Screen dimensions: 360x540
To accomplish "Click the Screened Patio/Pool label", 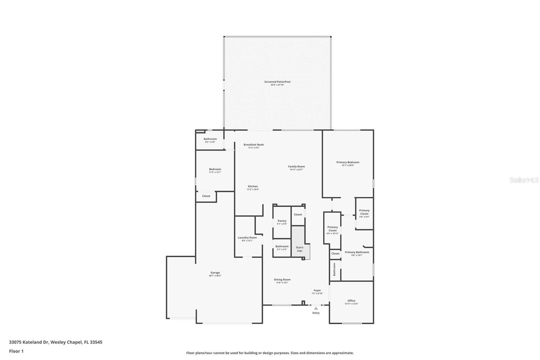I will pos(277,82).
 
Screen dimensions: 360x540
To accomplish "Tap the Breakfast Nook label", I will pos(254,145).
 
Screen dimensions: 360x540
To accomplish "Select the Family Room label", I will pos(296,166).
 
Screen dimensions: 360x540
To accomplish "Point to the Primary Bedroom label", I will pos(348,162).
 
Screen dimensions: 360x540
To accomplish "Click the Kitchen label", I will pos(253,186).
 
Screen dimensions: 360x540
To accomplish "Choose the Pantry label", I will pos(282,221).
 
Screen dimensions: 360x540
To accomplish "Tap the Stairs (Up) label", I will pos(299,249).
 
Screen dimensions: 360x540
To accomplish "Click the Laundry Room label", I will pos(247,238).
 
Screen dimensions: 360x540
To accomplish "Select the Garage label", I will pos(215,273).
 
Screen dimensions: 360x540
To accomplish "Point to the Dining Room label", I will pos(282,280).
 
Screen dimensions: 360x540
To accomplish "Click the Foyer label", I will pos(317,290).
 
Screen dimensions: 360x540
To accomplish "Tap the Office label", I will pos(351,301).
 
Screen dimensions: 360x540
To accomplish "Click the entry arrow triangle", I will pos(316,308).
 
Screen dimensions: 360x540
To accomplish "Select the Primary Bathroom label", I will pos(357,252).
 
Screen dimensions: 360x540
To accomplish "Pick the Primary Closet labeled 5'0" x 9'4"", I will pos(364,212).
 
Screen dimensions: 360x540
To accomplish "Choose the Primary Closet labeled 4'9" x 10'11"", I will pos(332,229).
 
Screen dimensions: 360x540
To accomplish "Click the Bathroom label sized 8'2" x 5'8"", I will pos(210,139).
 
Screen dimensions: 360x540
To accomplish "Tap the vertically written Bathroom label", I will pos(334,269).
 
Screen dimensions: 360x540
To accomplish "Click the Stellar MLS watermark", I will pos(524,180).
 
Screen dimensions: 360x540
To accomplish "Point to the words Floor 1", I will pos(16,351).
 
